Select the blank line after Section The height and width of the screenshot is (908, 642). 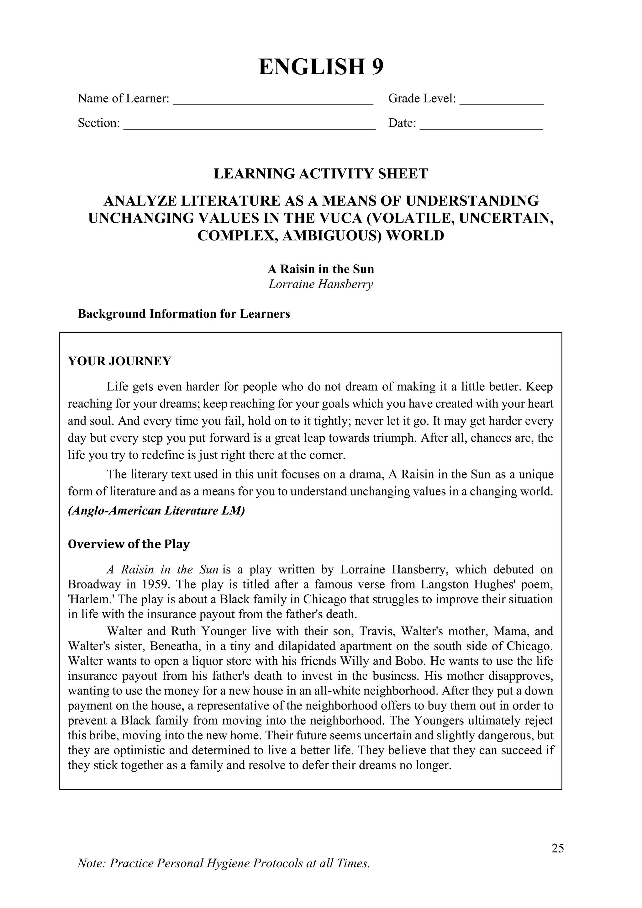click(250, 127)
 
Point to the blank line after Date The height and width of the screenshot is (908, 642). click(481, 127)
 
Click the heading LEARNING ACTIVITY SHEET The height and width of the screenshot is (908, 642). click(321, 174)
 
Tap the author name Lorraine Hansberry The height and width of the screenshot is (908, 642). click(321, 284)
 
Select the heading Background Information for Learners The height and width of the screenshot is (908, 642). click(184, 314)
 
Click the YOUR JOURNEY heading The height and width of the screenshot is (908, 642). click(119, 361)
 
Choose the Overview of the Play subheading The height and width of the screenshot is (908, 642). click(129, 544)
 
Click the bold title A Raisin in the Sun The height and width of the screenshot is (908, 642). click(321, 269)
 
